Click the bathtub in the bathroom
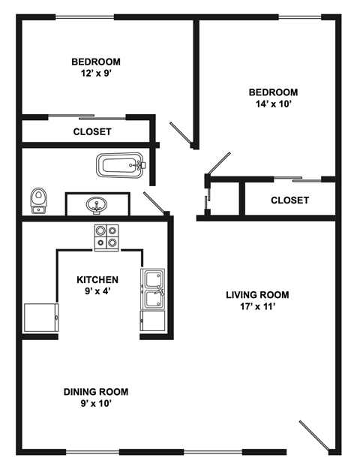click(120, 165)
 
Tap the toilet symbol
click(38, 200)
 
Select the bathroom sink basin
click(97, 205)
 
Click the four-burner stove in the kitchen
click(106, 238)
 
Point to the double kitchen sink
click(152, 289)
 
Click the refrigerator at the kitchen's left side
click(41, 318)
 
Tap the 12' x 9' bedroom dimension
click(95, 74)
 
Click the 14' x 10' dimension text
click(274, 104)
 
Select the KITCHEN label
click(97, 279)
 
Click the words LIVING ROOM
click(257, 295)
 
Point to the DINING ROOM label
click(96, 392)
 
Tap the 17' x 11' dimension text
click(258, 306)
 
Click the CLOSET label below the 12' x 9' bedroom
click(92, 131)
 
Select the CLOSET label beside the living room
click(290, 200)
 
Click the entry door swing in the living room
click(314, 435)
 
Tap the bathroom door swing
click(154, 202)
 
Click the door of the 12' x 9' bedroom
click(181, 133)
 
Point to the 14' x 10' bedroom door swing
click(218, 164)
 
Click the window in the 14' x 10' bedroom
click(300, 17)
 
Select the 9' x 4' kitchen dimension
click(97, 291)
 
